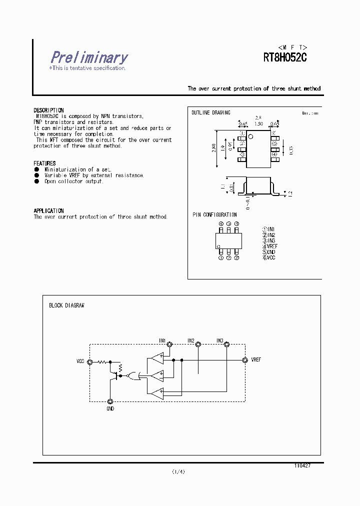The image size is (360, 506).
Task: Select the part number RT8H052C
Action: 284,57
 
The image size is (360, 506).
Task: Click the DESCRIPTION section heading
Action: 48,110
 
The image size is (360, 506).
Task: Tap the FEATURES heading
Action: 44,163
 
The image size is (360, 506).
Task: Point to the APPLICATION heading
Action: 48,211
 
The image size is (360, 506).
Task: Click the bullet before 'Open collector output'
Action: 36,181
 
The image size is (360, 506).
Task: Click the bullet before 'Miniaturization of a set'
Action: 36,169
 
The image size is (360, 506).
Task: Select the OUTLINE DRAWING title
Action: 211,113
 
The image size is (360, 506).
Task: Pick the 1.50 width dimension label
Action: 258,123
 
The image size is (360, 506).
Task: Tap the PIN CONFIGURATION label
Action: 214,215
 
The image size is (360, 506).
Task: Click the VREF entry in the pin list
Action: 270,246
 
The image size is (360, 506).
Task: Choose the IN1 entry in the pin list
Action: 269,229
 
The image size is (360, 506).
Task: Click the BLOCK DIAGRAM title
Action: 66,305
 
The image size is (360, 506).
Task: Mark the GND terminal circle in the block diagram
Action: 110,401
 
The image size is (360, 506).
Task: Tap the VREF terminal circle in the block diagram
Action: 245,360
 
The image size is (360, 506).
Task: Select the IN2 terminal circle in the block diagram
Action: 198,344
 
